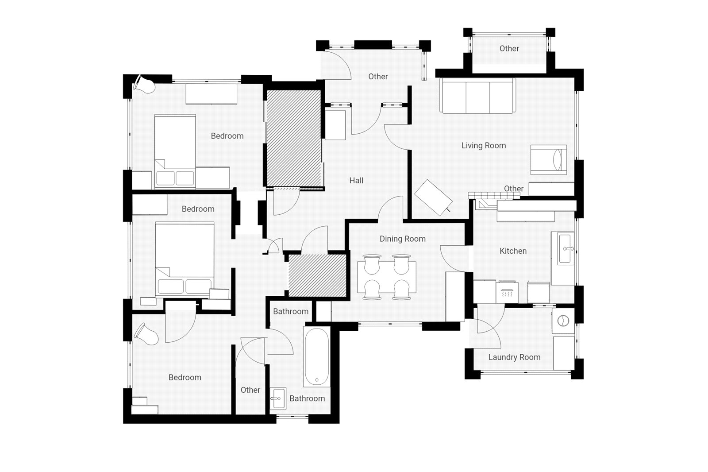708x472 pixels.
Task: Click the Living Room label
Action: pyautogui.click(x=483, y=146)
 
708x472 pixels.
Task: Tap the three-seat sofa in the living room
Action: pyautogui.click(x=477, y=96)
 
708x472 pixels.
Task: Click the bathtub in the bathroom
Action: pyautogui.click(x=316, y=357)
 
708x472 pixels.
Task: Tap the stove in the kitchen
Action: pyautogui.click(x=507, y=292)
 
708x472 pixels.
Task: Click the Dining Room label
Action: pyautogui.click(x=402, y=239)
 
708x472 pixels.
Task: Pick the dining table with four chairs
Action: pyautogui.click(x=387, y=277)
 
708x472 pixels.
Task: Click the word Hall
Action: pyautogui.click(x=356, y=181)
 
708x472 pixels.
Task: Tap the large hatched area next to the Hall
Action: pyautogui.click(x=294, y=138)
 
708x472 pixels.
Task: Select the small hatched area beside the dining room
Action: pyautogui.click(x=317, y=275)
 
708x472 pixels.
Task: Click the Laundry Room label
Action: pyautogui.click(x=514, y=357)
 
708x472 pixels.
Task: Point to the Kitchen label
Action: pyautogui.click(x=513, y=251)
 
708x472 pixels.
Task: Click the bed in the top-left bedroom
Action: pyautogui.click(x=175, y=151)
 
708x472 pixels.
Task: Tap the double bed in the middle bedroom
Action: pyautogui.click(x=185, y=259)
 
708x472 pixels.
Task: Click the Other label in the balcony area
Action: pyautogui.click(x=509, y=49)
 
